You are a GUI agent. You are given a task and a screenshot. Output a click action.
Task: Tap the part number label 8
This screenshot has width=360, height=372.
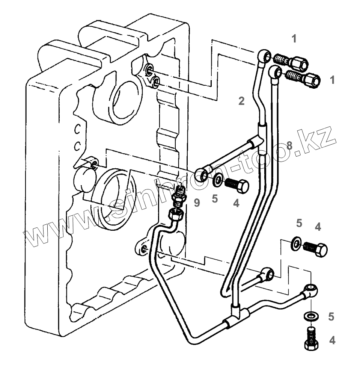(x=289, y=146)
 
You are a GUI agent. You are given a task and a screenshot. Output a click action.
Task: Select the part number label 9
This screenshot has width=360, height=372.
(x=197, y=203)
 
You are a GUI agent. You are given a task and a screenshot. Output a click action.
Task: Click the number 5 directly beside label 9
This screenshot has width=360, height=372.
(x=214, y=199)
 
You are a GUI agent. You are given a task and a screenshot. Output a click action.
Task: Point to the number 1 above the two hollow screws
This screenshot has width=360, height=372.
(x=294, y=39)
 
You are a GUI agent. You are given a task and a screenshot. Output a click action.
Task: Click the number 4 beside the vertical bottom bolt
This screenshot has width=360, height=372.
(x=332, y=340)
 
